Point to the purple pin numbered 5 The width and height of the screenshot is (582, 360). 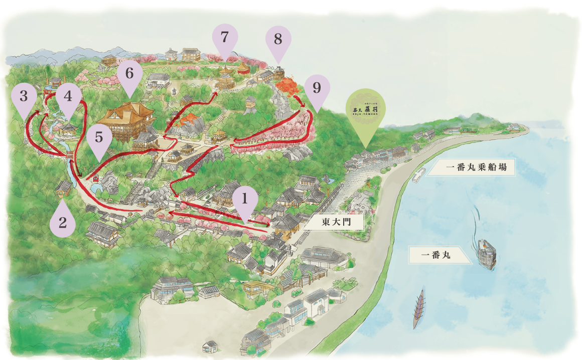[99, 138]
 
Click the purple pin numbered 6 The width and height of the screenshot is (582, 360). [129, 75]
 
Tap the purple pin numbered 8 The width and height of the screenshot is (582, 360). [278, 41]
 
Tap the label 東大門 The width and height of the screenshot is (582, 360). [336, 222]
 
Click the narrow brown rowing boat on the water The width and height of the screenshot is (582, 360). [418, 309]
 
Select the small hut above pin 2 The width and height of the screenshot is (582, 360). [64, 188]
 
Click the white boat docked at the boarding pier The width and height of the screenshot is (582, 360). [417, 174]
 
